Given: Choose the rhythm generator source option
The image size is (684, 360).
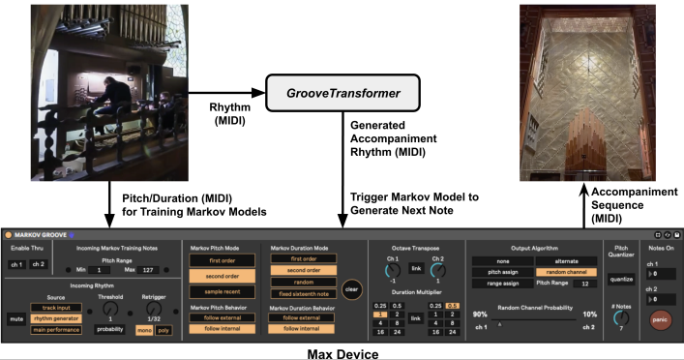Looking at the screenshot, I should click(x=55, y=316).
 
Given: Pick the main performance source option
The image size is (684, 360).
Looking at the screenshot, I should click(x=55, y=330).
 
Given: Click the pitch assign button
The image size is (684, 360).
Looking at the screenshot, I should click(x=496, y=273).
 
